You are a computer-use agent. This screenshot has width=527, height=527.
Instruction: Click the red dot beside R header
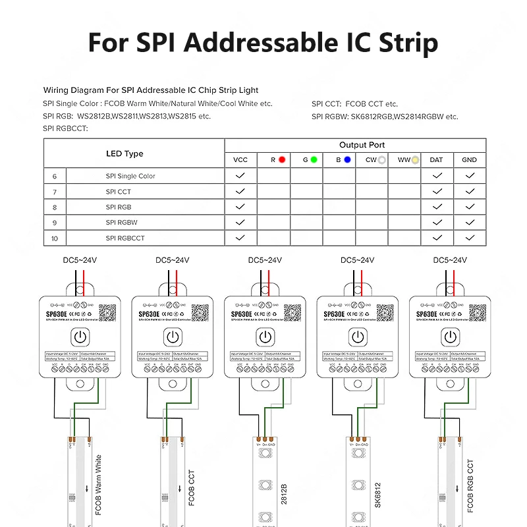click(x=282, y=159)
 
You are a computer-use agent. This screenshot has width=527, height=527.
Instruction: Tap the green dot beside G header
click(x=314, y=159)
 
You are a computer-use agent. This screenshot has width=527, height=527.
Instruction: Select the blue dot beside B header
click(x=347, y=159)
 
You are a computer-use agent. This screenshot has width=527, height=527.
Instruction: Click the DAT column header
click(x=436, y=160)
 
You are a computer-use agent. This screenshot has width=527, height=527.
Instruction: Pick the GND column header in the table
click(x=469, y=160)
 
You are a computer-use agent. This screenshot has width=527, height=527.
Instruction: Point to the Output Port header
click(x=362, y=145)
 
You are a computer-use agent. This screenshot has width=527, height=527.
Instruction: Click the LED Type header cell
click(x=125, y=153)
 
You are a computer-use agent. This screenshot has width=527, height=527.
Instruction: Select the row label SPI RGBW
click(x=121, y=223)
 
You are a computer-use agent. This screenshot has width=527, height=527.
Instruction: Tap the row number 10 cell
click(x=55, y=238)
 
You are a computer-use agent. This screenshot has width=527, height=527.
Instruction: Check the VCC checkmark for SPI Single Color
click(x=240, y=176)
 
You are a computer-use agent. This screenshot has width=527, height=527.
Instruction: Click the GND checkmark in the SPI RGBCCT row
click(x=469, y=238)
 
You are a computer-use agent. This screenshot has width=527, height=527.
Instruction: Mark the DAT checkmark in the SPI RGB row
click(x=436, y=207)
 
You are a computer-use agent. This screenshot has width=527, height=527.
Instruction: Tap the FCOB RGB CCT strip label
click(x=470, y=486)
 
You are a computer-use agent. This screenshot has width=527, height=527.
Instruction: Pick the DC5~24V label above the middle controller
click(x=265, y=260)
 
